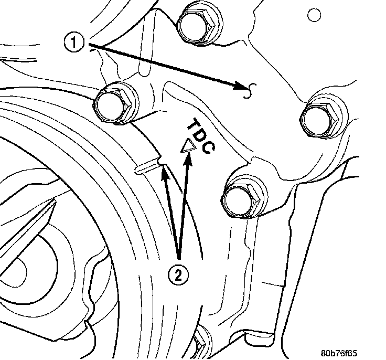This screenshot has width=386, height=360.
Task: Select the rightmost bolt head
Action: pos(321,116)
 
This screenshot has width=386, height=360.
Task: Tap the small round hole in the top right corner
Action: pos(315,15)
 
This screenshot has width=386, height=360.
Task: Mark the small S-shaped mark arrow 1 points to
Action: pos(251,90)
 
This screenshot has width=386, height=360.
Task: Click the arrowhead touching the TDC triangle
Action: pos(185,160)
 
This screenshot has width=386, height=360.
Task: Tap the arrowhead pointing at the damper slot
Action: pos(164,171)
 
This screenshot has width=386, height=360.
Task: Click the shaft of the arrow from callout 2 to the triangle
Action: pos(183,210)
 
